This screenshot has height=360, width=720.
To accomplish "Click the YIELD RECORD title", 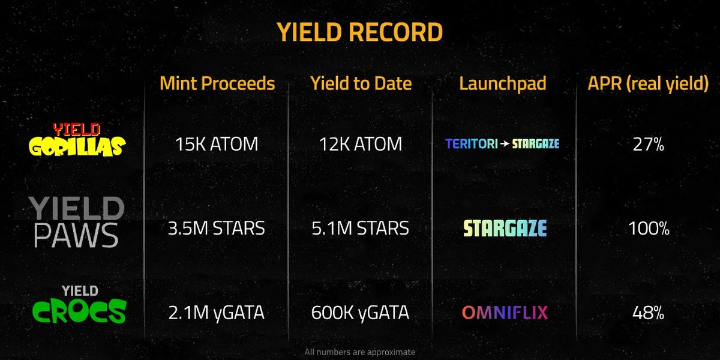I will point(359,32).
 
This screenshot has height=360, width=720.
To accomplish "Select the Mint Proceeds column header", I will point(217,83).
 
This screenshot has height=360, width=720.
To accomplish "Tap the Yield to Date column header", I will point(361,83).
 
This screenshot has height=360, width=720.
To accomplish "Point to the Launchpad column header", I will point(503,83).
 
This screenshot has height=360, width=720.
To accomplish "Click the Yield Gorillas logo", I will point(77,140).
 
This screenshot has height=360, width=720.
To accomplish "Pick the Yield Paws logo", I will point(77,224).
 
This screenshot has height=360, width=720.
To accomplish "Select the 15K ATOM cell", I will point(217,144).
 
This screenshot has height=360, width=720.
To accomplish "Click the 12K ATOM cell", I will point(361,144).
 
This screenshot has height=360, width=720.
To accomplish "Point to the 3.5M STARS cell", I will point(217,228).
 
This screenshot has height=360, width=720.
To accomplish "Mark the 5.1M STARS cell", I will point(361,228).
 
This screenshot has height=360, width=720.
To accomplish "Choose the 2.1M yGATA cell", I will point(217,313).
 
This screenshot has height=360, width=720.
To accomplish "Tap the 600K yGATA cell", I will point(361,313).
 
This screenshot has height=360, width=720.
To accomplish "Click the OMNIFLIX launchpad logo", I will point(505,313).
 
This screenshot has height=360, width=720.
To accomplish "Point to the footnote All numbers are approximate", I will point(360,352).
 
